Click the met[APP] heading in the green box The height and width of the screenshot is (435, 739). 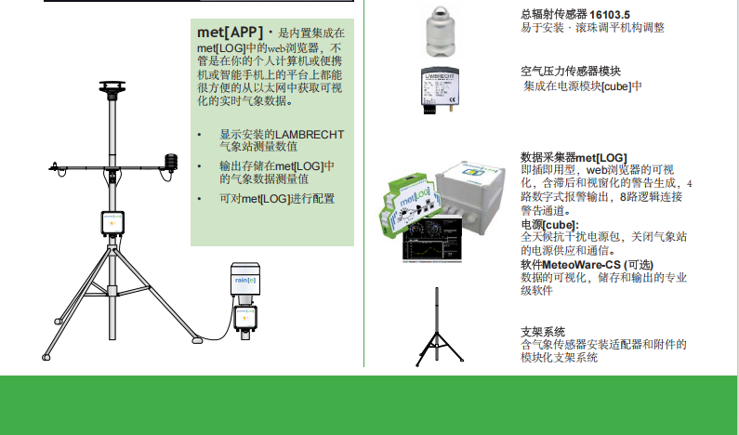[230, 32]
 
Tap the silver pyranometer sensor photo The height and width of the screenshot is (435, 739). [441, 32]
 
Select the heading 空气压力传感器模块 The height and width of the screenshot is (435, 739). [570, 72]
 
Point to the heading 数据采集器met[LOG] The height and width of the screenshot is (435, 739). [574, 157]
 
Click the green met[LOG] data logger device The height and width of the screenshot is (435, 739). [409, 206]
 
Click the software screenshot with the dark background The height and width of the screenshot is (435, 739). [432, 239]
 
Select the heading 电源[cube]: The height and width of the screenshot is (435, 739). [549, 225]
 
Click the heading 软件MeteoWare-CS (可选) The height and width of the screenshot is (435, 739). [587, 265]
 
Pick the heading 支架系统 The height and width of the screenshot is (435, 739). [543, 332]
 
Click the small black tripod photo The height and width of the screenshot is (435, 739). [439, 327]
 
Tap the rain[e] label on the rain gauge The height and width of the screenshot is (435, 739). [245, 281]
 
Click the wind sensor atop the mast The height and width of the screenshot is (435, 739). [112, 90]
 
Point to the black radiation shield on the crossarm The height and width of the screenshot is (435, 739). [171, 162]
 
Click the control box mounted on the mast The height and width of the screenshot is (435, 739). [112, 223]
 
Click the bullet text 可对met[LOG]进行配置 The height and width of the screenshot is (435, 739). [277, 199]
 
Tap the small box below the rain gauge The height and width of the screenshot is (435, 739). [245, 318]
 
